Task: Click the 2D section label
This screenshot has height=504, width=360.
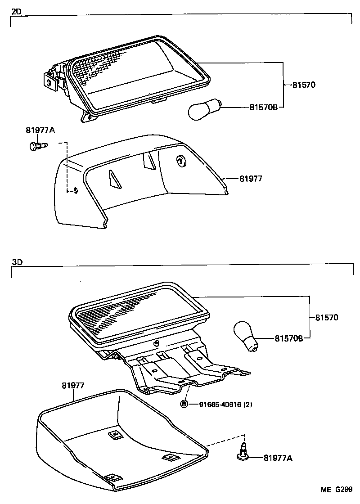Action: [x=17, y=12]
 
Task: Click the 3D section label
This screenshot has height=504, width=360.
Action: [x=17, y=262]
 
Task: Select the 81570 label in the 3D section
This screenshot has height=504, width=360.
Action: [x=325, y=318]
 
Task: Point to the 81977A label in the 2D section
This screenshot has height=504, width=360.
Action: [x=40, y=130]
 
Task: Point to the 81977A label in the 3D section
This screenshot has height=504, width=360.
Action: [x=278, y=458]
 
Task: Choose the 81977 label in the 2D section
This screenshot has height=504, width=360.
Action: [x=251, y=179]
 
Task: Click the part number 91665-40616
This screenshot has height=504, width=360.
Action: [x=219, y=404]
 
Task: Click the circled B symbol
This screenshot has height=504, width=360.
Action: [x=184, y=404]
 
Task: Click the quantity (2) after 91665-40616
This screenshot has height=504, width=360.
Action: [x=247, y=404]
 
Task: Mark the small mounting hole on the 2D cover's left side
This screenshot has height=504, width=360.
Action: [x=75, y=190]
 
